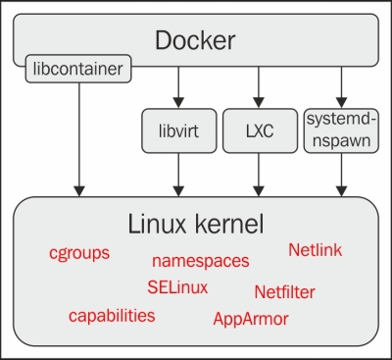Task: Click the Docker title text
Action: pyautogui.click(x=194, y=41)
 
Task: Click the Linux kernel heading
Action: pyautogui.click(x=196, y=224)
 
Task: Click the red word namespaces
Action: pyautogui.click(x=200, y=261)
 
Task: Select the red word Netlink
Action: pyautogui.click(x=315, y=250)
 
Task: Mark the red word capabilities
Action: pyautogui.click(x=112, y=315)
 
